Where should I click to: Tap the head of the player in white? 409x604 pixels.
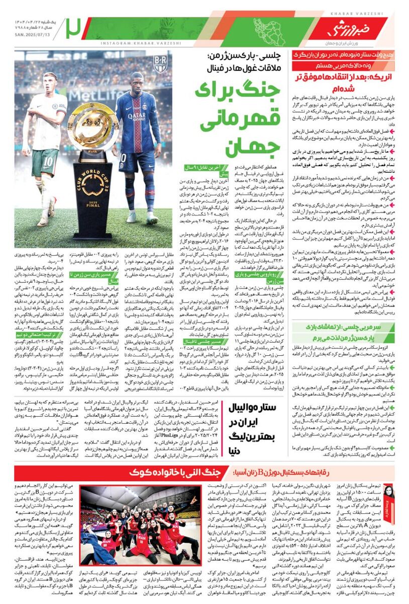pyautogui.click(x=50, y=83)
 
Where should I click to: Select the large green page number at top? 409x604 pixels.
pyautogui.click(x=74, y=28)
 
